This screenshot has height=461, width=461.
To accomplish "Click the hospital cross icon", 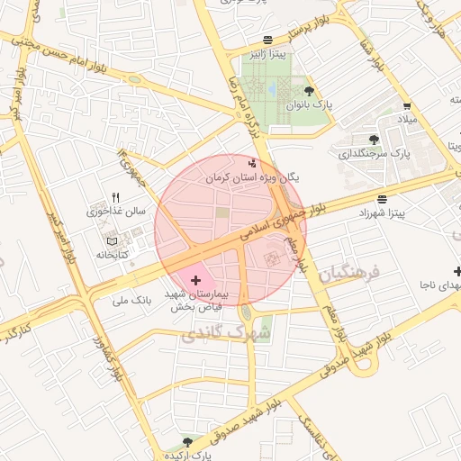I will coord(196,281).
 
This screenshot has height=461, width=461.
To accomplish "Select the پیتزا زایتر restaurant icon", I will coord(268,39).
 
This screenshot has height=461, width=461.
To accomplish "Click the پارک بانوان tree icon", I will coord(310,90).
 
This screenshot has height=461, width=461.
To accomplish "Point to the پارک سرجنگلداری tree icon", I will coord(374,139).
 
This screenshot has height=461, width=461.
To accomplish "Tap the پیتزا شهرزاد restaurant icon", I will coord(384,199).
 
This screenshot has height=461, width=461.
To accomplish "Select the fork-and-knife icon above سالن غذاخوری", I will coord(115,197).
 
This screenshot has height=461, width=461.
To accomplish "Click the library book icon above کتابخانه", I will coord(112,241).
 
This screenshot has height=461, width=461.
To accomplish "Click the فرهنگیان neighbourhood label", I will coord(351,271).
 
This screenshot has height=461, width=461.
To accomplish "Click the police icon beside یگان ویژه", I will coord(251,164).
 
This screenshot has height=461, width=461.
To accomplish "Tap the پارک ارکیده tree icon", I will coord(187,442).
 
